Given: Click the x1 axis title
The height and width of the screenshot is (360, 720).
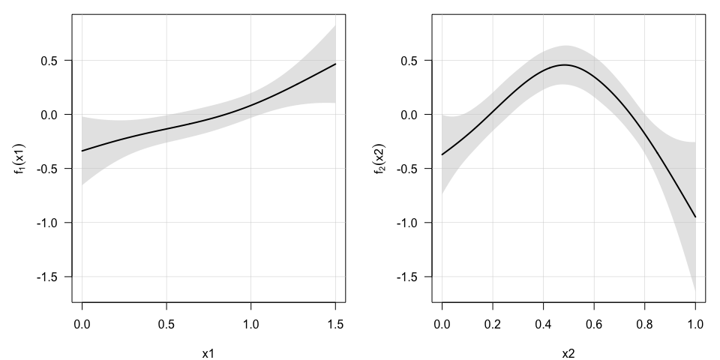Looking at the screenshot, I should (x=208, y=352).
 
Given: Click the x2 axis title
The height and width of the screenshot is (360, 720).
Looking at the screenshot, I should (x=568, y=352).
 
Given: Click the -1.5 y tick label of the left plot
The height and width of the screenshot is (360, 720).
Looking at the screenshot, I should (x=52, y=277).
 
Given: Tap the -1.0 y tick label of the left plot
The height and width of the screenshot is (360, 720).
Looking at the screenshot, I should (x=52, y=223).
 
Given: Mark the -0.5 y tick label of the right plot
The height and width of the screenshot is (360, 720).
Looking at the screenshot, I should (x=412, y=169).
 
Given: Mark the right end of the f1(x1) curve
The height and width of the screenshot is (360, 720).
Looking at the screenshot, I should (x=335, y=64).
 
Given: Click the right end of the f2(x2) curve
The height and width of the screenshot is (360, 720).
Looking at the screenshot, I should (x=695, y=217).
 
